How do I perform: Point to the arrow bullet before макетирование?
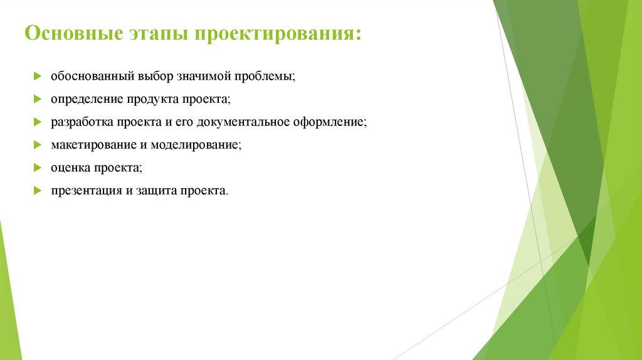click(x=37, y=145)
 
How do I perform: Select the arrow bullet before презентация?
click(x=37, y=191)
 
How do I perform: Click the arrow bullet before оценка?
click(x=37, y=168)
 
